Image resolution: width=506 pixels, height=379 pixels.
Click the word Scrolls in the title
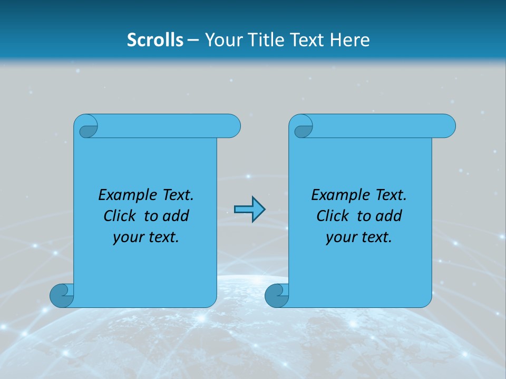click(x=155, y=40)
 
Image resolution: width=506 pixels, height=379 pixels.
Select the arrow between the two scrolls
click(x=249, y=210)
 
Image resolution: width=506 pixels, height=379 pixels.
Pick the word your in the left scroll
click(x=127, y=237)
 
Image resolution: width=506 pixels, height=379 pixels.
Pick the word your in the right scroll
click(x=340, y=237)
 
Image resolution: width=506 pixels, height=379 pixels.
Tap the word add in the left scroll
click(x=176, y=216)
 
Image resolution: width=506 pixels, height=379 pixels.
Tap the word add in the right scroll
click(x=389, y=216)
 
